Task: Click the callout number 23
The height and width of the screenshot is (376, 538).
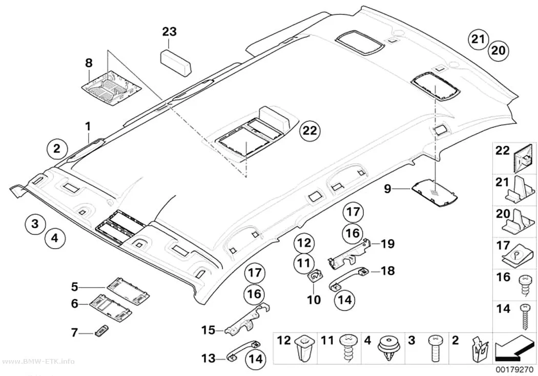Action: tap(170, 32)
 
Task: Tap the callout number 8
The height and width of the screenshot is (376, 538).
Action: tap(89, 63)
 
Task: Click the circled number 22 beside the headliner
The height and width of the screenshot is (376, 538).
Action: tap(310, 131)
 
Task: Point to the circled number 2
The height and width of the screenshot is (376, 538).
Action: tap(57, 149)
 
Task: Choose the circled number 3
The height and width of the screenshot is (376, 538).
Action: tap(35, 225)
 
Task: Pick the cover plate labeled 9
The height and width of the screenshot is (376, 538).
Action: tap(434, 194)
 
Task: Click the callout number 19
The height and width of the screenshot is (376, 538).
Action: tap(388, 244)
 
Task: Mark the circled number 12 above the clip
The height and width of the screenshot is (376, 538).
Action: tap(304, 243)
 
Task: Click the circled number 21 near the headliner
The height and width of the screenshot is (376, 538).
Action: tap(478, 40)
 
